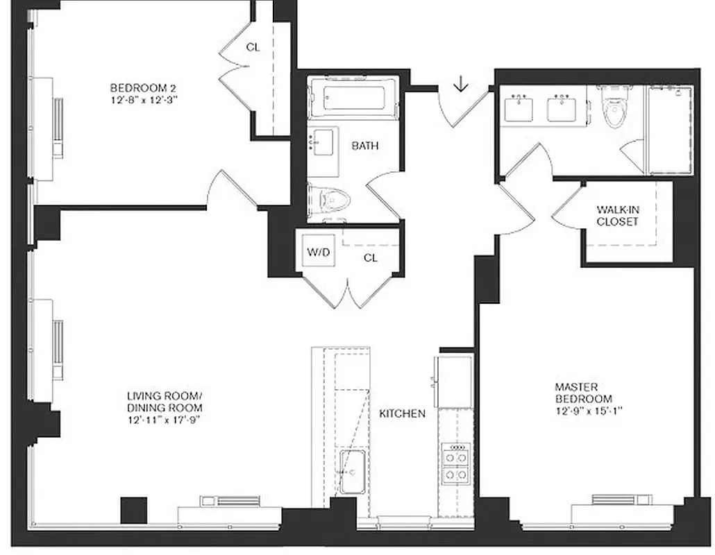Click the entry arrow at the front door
coord(461,85)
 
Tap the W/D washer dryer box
coord(319,253)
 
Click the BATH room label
coord(365,146)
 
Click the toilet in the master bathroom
coord(614,111)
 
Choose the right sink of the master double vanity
coord(563,110)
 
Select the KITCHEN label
coord(402,413)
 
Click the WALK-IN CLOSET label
coord(616,216)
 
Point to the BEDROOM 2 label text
coord(143,88)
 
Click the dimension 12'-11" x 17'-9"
coord(164,419)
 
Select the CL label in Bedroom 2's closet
coord(253,47)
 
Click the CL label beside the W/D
coord(371,257)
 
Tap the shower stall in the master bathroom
coord(670,130)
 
